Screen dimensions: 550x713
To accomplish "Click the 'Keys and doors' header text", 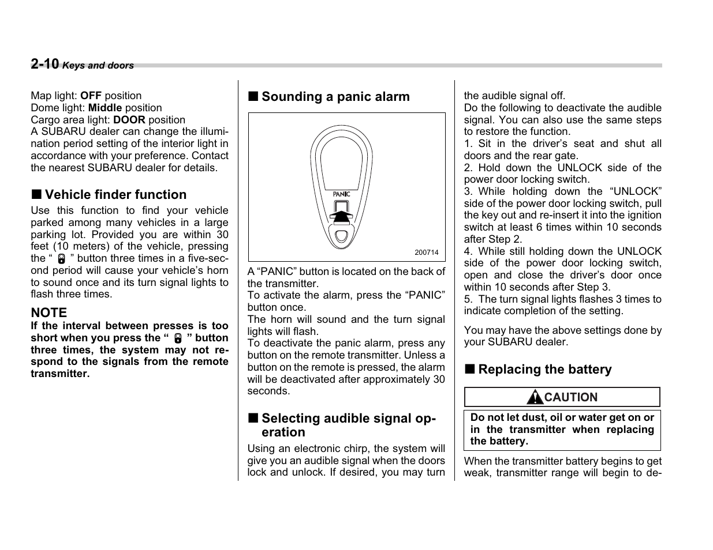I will tap(98, 66).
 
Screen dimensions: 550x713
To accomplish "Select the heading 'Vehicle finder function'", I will tap(115, 195).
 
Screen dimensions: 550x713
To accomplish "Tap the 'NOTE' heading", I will tap(49, 312).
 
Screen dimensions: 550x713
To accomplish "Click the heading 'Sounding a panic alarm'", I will tap(335, 97).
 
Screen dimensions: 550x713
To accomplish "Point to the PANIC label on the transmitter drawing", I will tap(341, 194).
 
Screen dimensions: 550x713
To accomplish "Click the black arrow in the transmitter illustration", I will tap(341, 216).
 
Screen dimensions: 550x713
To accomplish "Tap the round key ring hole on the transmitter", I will tap(341, 235).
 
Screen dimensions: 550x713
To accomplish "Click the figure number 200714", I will tap(427, 253).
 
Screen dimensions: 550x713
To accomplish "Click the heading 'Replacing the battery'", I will tap(544, 370).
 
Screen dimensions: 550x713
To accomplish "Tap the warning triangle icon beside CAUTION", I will tap(535, 397).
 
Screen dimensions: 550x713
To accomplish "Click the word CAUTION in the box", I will tap(570, 397).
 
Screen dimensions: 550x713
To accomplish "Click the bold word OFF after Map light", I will tap(91, 96).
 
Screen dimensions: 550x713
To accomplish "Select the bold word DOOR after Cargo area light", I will tap(129, 120).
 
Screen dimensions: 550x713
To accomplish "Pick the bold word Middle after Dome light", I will tap(105, 108).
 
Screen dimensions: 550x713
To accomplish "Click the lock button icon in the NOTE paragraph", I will tap(178, 338).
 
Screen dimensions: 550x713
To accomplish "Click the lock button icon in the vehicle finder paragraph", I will tap(62, 259).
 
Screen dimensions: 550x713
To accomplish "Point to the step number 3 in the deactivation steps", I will tap(467, 191).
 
